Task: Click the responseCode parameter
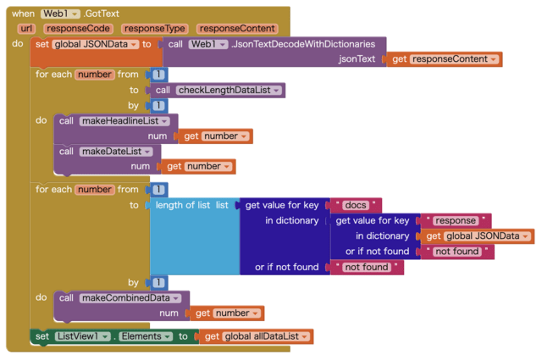78,29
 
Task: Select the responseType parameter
152,29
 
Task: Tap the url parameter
25,29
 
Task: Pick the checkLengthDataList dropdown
230,90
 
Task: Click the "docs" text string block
357,205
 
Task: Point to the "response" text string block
456,220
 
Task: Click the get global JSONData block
479,236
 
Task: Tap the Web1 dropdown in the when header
60,14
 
